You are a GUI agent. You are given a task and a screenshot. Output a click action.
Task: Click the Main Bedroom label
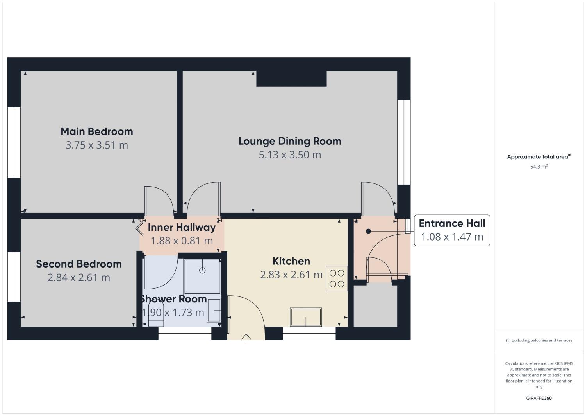click(96, 131)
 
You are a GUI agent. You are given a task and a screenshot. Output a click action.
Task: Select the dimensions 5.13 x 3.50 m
click(290, 155)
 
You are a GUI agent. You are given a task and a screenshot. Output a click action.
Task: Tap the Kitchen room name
click(291, 261)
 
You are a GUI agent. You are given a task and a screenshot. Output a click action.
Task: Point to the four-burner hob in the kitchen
click(337, 279)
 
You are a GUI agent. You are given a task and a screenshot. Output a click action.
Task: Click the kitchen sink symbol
click(306, 317)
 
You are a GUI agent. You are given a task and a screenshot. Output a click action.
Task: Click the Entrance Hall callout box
click(452, 230)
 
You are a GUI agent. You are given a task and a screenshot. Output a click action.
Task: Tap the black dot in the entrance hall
click(368, 232)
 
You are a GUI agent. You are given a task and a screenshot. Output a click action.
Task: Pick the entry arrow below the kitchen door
click(246, 338)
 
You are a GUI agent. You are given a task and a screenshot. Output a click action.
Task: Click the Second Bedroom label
click(79, 264)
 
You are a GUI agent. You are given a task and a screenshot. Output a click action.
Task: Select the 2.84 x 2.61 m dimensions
click(79, 278)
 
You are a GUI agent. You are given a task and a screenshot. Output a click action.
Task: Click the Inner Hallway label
click(182, 227)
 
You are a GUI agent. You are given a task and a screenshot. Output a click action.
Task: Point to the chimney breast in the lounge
click(291, 79)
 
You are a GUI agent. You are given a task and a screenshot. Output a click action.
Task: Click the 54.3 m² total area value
click(539, 167)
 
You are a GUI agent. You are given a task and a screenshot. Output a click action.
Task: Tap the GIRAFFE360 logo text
click(539, 398)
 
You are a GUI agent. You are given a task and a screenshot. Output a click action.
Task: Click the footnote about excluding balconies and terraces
click(539, 340)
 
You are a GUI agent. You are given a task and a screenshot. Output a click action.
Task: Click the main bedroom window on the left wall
click(14, 142)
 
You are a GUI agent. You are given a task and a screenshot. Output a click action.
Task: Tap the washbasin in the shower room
click(214, 310)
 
